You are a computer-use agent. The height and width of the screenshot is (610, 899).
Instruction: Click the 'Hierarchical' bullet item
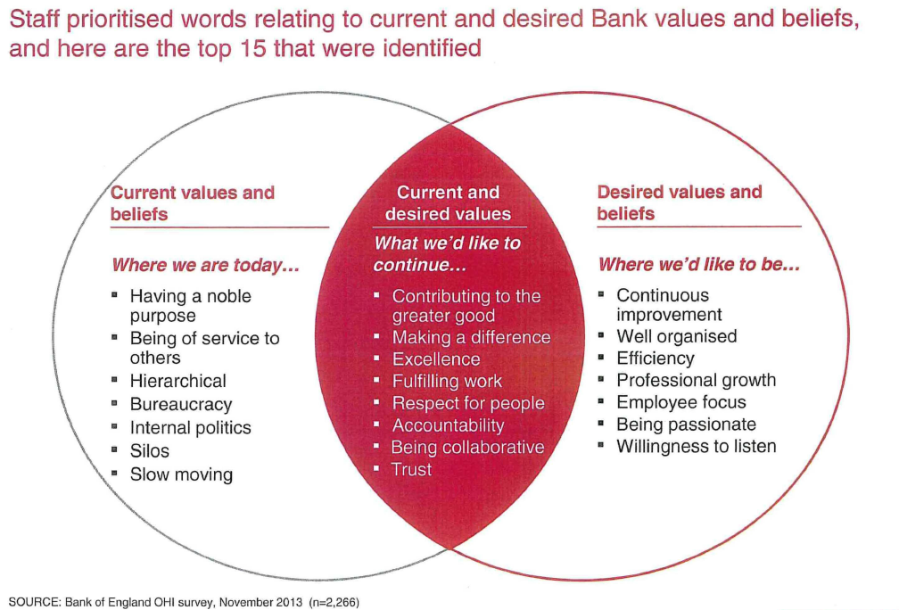pyautogui.click(x=177, y=381)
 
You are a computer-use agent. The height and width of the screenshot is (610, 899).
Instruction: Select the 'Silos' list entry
pyautogui.click(x=149, y=450)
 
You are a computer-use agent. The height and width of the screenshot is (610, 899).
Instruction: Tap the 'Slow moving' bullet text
pyautogui.click(x=181, y=474)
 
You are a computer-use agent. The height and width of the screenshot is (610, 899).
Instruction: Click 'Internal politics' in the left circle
pyautogui.click(x=190, y=427)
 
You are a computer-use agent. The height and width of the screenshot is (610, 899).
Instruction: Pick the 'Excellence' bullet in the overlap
pyautogui.click(x=436, y=359)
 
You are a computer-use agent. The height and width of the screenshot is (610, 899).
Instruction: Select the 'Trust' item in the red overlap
pyautogui.click(x=411, y=469)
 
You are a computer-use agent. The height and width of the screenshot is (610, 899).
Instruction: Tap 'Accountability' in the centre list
pyautogui.click(x=448, y=425)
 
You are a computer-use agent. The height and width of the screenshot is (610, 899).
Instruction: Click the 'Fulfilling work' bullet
pyautogui.click(x=447, y=381)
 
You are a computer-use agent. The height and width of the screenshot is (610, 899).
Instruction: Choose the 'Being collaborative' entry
pyautogui.click(x=467, y=447)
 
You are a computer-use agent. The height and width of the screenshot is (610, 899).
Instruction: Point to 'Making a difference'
pyautogui.click(x=471, y=337)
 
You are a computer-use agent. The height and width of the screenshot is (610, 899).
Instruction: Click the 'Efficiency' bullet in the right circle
pyautogui.click(x=655, y=358)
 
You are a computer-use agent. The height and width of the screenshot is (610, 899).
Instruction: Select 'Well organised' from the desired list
pyautogui.click(x=676, y=335)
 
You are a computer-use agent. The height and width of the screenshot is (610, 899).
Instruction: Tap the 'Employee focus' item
pyautogui.click(x=680, y=401)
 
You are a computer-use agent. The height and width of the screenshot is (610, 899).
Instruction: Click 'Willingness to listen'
pyautogui.click(x=696, y=446)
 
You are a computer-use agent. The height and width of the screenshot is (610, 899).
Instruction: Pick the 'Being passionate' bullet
pyautogui.click(x=686, y=424)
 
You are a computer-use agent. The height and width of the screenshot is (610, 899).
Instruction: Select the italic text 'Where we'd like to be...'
pyautogui.click(x=697, y=264)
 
